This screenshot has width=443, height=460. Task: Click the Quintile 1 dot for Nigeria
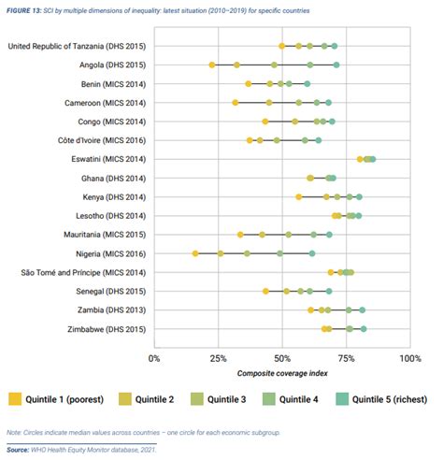195,253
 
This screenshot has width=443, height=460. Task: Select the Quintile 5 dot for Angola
336,65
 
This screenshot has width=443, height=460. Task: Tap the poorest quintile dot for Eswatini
360,159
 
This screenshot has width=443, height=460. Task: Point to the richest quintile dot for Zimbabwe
364,329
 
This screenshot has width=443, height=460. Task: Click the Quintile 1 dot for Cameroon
236,103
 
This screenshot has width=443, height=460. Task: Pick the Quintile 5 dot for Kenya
359,197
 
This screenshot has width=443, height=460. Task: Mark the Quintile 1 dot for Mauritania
240,235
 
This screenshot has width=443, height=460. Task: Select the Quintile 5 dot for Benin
307,84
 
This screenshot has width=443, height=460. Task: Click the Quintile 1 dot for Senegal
265,291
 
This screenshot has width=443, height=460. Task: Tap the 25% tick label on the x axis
218,359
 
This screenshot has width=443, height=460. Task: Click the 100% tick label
410,359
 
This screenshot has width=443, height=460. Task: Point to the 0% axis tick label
154,359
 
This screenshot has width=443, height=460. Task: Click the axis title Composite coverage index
282,373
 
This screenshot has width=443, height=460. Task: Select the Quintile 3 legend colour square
197,399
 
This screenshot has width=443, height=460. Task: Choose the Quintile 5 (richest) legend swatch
342,399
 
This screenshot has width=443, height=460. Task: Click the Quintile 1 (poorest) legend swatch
15,399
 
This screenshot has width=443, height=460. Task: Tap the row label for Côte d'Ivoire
102,140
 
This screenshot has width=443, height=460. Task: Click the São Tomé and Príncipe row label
83,273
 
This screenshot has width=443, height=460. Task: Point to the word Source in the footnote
18,450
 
